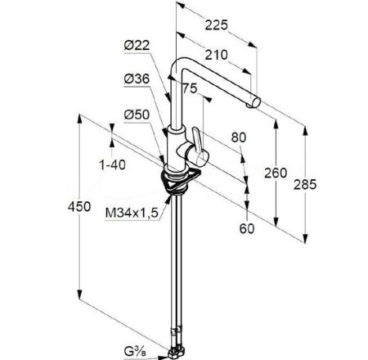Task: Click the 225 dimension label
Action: pos(216,25)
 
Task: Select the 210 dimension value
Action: pos(216,55)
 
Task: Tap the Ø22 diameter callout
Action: pos(137,45)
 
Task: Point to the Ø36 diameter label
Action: pos(137,79)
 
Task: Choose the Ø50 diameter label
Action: pos(137,115)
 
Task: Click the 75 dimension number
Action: pos(190,88)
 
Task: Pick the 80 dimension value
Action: pos(239,137)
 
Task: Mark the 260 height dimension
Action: pos(276,173)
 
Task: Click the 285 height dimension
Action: pos(305,185)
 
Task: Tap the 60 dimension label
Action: pos(247,228)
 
